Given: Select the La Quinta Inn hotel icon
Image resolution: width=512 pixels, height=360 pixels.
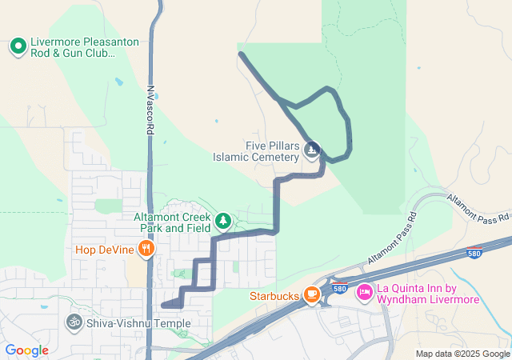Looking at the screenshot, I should coord(364,294).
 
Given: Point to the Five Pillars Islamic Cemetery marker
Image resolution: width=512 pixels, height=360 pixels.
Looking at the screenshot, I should coord(312,150).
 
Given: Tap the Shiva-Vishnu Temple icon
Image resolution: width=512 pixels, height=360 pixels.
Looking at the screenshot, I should coord(74,322).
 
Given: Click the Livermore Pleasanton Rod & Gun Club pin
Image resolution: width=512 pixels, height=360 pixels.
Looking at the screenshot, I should coord(18,46).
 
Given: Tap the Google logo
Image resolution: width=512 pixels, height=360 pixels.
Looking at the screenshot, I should coord(26,350).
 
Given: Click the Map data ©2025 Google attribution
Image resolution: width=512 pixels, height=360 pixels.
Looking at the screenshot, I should coord(462,354).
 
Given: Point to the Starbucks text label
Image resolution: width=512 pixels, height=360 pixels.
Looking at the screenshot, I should coord(274,296).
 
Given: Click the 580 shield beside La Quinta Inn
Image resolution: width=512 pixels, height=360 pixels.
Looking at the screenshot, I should coord(338,288).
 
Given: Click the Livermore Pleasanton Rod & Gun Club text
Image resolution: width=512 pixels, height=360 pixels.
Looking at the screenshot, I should coord(73,47).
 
